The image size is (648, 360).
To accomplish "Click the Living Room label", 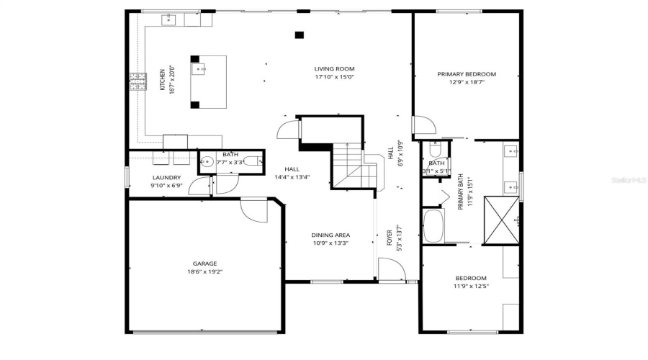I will click(x=334, y=69).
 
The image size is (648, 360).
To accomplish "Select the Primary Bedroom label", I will click(x=467, y=74).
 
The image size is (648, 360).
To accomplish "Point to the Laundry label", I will click(x=166, y=177).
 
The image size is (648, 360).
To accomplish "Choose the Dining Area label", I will click(x=330, y=235).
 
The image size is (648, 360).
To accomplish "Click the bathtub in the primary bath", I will click(x=434, y=225).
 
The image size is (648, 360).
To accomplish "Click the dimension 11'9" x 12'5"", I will click(x=470, y=287).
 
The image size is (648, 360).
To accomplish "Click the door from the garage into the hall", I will click(x=253, y=210).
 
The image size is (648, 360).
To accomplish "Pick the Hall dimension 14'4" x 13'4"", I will click(x=292, y=178).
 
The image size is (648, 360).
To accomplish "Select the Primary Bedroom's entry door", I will click(x=424, y=125).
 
